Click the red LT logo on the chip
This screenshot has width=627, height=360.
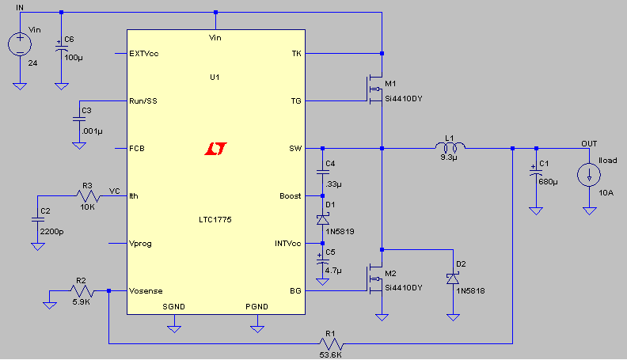coord(215,149)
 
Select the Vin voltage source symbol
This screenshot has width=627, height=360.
coord(20,44)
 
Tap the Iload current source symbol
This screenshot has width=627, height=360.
coord(589,175)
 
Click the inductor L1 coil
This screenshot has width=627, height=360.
coord(450,146)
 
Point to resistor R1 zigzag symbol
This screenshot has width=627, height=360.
coord(331,343)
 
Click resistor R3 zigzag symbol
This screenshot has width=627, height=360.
coord(88,195)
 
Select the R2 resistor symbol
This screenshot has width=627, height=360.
coord(82,291)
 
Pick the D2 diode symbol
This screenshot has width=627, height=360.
coord(453,278)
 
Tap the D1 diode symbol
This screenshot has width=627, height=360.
coord(323,219)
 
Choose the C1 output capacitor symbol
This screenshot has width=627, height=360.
coord(536,172)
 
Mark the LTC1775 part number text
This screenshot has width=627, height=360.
coord(215,220)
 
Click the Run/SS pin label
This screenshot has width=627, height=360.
coord(143,101)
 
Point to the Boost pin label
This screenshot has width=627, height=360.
coord(291,196)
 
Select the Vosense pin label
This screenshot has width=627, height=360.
coord(146,291)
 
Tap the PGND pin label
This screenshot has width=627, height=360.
coord(256,306)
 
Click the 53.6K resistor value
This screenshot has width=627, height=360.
coord(330,354)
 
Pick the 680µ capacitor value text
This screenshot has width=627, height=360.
coord(548,182)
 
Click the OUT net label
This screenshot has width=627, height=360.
coord(589,144)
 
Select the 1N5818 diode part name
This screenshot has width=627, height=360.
coord(471,291)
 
